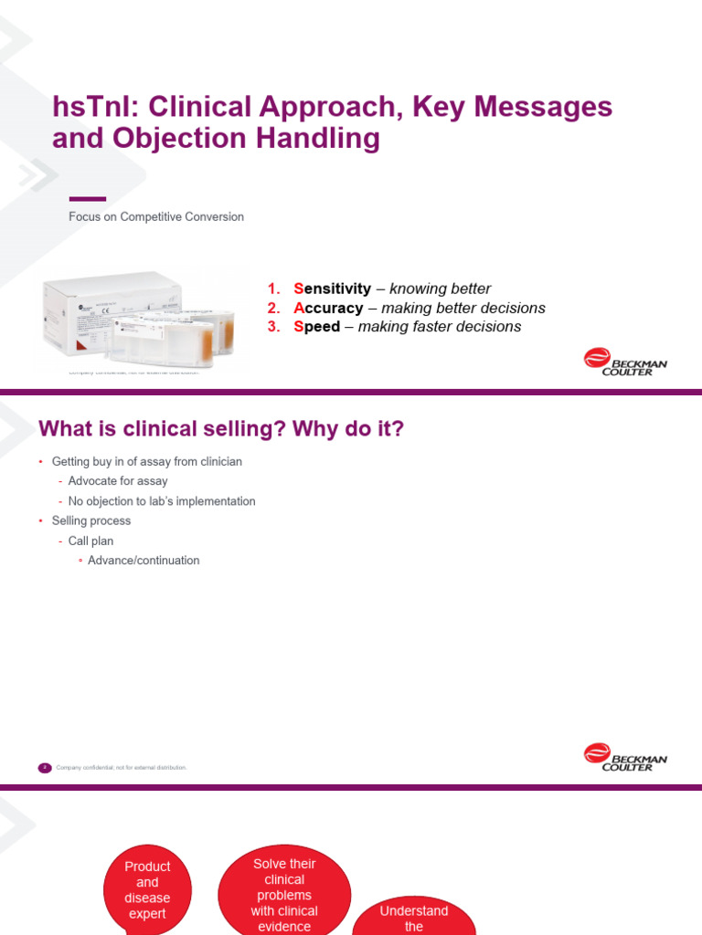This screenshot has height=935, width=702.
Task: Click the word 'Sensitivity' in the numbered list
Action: pos(332,289)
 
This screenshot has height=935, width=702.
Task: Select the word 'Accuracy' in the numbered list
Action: pos(328,308)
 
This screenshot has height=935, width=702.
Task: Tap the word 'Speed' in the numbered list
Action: pos(316,327)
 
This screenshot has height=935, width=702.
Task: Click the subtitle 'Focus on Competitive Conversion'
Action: pos(156,217)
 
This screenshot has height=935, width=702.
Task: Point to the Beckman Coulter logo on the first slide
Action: pos(625,362)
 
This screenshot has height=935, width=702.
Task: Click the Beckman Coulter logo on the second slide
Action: pos(625,757)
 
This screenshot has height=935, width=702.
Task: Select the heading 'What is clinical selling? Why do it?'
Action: pos(220,429)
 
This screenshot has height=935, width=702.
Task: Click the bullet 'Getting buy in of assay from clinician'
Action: pos(147,462)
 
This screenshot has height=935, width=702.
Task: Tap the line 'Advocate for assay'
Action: pos(118,481)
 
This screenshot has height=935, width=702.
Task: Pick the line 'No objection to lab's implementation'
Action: pos(162,501)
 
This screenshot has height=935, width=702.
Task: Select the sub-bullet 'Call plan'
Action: pos(90,541)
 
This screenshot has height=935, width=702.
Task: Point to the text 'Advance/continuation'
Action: pos(144,561)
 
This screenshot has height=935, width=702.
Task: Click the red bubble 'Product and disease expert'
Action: pos(147,889)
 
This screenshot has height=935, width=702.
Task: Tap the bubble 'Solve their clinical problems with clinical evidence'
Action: pos(285,895)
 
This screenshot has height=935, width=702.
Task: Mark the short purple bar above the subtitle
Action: pos(88,199)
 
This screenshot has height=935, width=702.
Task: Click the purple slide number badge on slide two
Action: pos(45,768)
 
